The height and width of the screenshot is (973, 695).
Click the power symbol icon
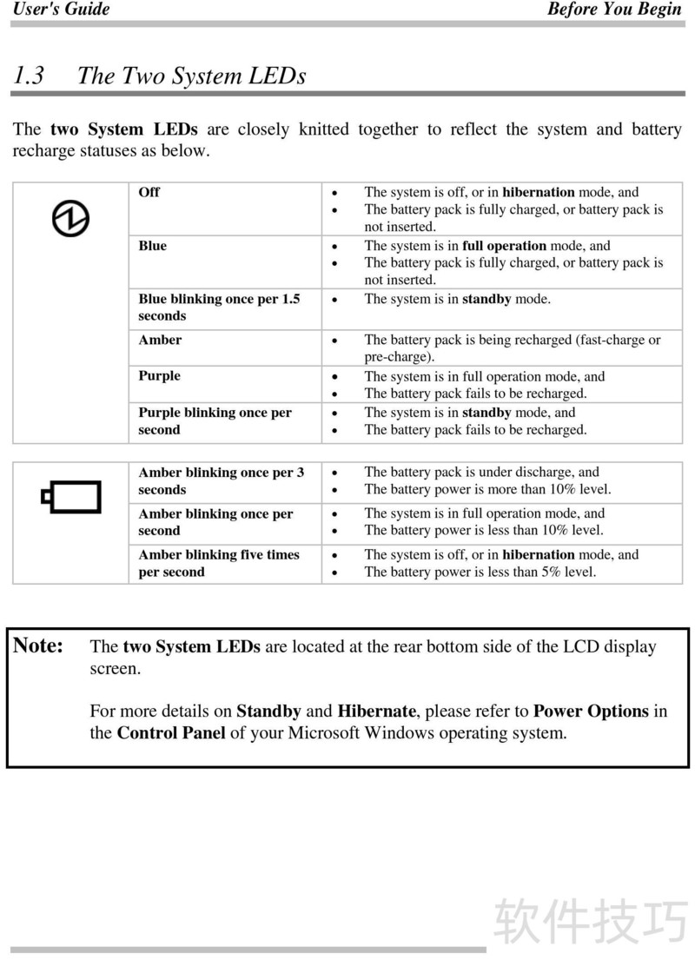click(x=70, y=217)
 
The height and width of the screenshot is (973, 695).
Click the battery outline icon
click(x=71, y=497)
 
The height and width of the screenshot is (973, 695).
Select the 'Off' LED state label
click(x=149, y=192)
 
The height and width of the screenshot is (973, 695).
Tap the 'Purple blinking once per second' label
click(x=215, y=421)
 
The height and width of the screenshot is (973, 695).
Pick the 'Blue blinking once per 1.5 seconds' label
click(x=219, y=308)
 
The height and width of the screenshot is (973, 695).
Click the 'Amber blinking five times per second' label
click(x=219, y=563)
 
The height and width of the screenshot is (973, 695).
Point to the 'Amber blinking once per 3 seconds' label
click(x=221, y=480)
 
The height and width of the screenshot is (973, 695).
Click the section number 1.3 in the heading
click(x=29, y=76)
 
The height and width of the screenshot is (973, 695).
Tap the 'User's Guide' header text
click(x=61, y=10)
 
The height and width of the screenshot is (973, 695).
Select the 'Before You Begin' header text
click(x=614, y=10)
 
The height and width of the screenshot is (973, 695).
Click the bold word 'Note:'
click(x=38, y=645)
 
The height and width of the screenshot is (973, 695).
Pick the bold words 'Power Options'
click(x=591, y=711)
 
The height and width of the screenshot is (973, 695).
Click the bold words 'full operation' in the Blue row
click(x=504, y=246)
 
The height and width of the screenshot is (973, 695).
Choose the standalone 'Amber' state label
click(x=160, y=340)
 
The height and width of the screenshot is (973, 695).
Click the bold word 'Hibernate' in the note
click(x=377, y=711)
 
